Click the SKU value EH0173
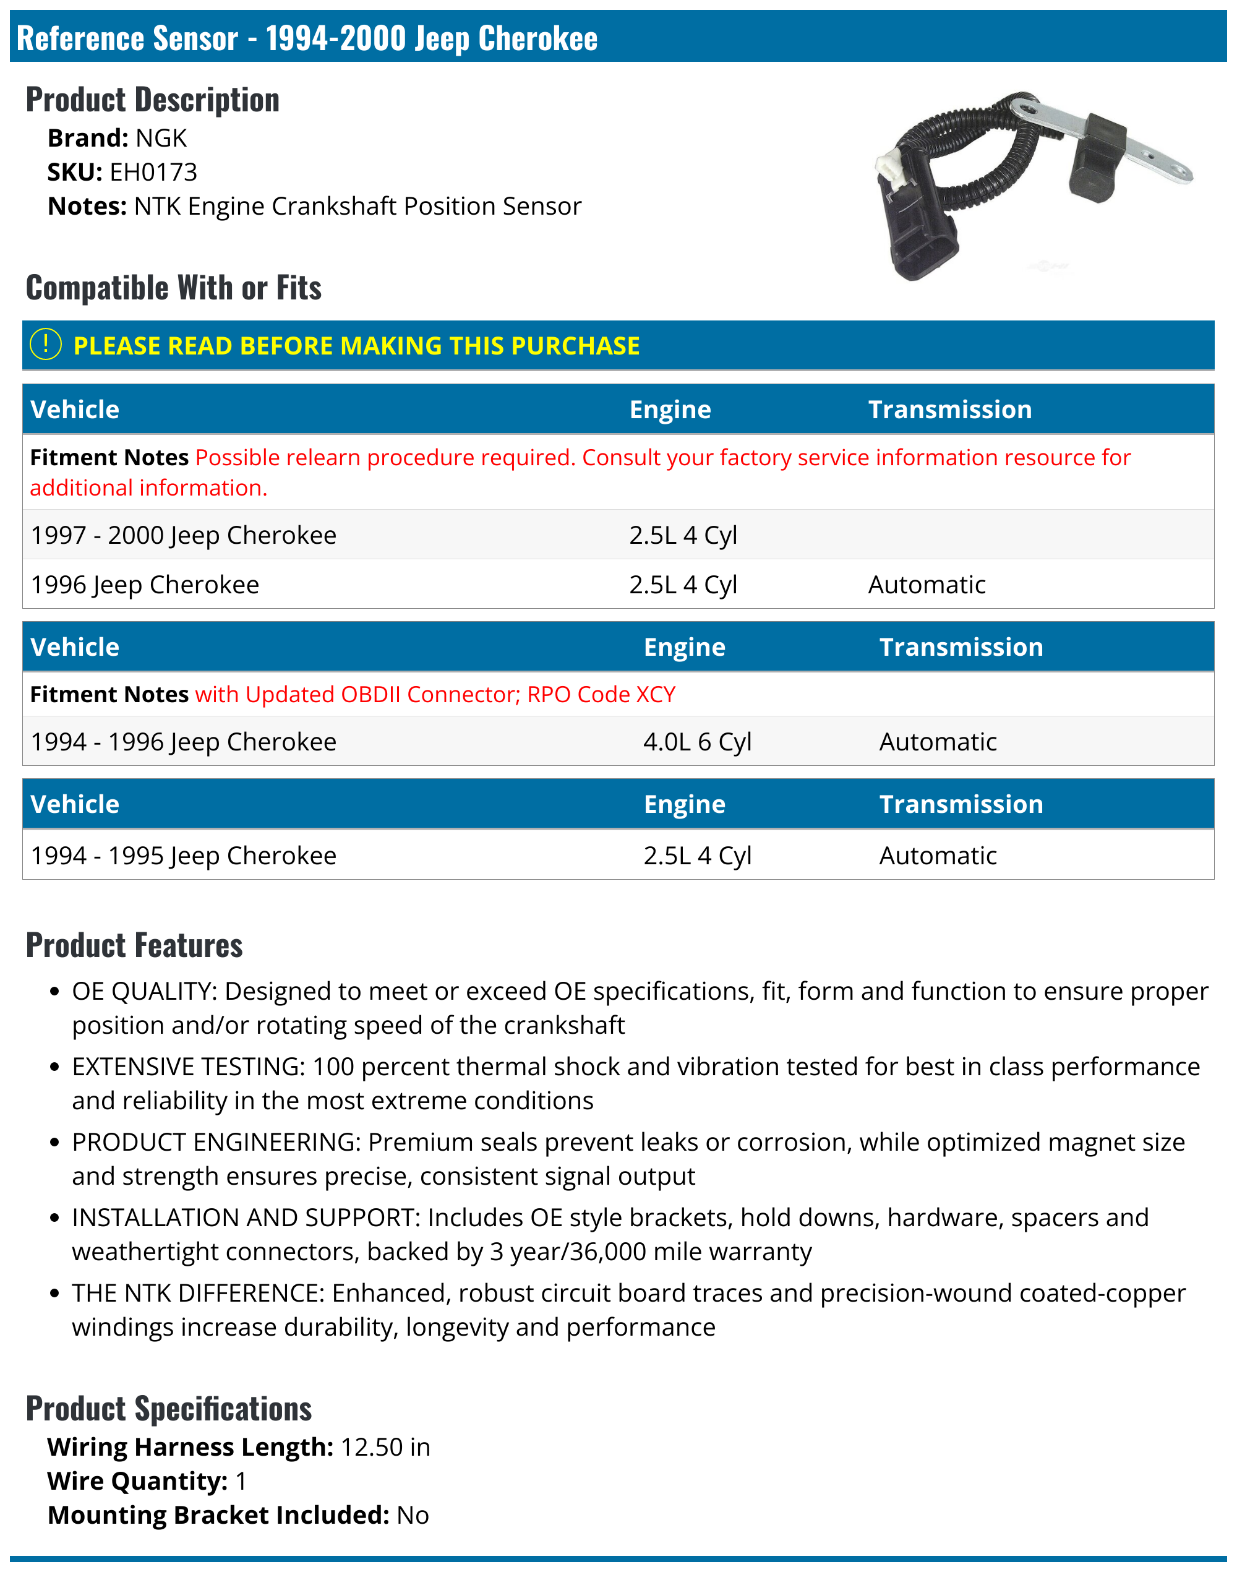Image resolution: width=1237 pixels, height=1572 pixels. [x=153, y=173]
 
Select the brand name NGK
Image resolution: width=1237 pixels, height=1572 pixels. [x=161, y=139]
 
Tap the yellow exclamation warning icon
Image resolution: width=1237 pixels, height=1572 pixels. [x=46, y=345]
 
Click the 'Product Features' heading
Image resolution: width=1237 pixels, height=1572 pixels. [x=134, y=945]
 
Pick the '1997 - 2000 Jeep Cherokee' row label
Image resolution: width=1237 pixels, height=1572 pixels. [x=183, y=535]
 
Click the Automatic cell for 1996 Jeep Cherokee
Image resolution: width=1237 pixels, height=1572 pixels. [x=927, y=585]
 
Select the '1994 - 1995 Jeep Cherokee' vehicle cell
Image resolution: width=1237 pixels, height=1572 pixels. [x=183, y=856]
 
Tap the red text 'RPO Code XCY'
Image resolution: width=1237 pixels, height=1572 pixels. [x=601, y=694]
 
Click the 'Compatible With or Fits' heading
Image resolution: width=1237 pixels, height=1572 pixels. [x=174, y=288]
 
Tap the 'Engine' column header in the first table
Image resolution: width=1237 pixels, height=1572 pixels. [x=670, y=410]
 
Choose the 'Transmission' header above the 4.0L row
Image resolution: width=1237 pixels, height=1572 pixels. [x=961, y=647]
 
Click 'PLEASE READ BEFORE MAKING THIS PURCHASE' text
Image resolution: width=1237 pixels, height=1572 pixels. [x=356, y=346]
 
